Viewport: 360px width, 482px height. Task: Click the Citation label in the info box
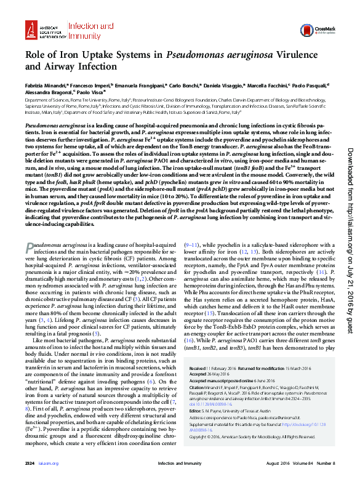pyautogui.click(x=197, y=386)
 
